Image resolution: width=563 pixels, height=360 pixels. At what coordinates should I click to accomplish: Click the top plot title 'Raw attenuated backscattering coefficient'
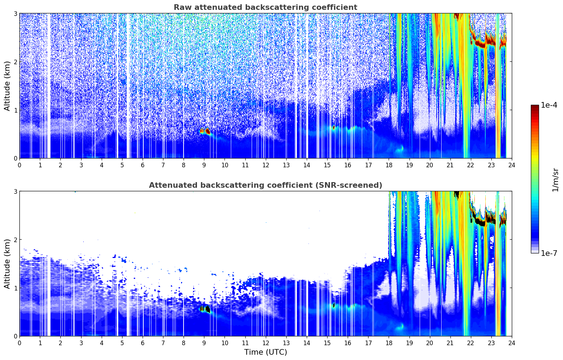tap(265, 7)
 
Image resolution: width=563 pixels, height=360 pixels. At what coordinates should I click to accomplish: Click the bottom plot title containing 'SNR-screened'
tap(265, 185)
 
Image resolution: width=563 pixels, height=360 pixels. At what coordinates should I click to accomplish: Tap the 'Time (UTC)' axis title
tap(265, 352)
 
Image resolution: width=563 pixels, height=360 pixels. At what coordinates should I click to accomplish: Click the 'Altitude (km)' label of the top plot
tap(7, 86)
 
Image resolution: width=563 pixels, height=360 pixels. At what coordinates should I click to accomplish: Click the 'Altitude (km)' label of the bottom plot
tap(7, 264)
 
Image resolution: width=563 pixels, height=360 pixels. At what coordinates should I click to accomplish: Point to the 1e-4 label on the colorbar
tap(549, 105)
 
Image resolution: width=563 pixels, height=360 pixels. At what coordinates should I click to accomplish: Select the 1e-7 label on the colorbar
tap(549, 253)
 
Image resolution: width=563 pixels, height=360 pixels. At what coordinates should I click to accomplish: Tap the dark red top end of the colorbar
tap(535, 107)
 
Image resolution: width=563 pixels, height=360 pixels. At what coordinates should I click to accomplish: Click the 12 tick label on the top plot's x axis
tap(266, 165)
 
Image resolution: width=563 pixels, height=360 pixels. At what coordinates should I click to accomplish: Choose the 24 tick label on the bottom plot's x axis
tap(512, 343)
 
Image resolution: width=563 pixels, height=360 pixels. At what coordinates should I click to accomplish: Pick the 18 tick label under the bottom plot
tap(389, 343)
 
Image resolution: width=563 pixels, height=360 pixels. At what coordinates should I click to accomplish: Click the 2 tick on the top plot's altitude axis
tap(15, 62)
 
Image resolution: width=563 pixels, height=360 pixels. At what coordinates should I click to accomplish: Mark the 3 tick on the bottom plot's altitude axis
tap(15, 191)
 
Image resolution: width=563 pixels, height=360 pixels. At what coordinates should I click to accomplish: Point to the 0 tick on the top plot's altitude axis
tap(15, 158)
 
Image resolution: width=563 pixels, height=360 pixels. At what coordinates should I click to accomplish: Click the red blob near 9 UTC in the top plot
tap(205, 131)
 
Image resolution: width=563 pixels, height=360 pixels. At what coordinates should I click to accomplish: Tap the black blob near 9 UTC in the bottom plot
tap(205, 309)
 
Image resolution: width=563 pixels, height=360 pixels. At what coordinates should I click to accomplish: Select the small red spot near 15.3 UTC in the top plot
tap(334, 128)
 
